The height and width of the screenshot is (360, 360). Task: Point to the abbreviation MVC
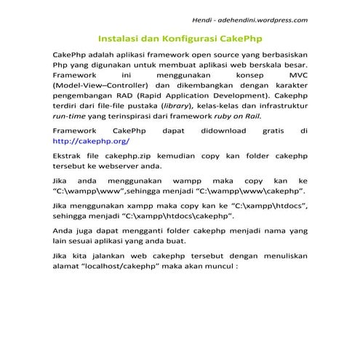click(x=299, y=75)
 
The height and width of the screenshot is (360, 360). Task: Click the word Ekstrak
click(x=69, y=156)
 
